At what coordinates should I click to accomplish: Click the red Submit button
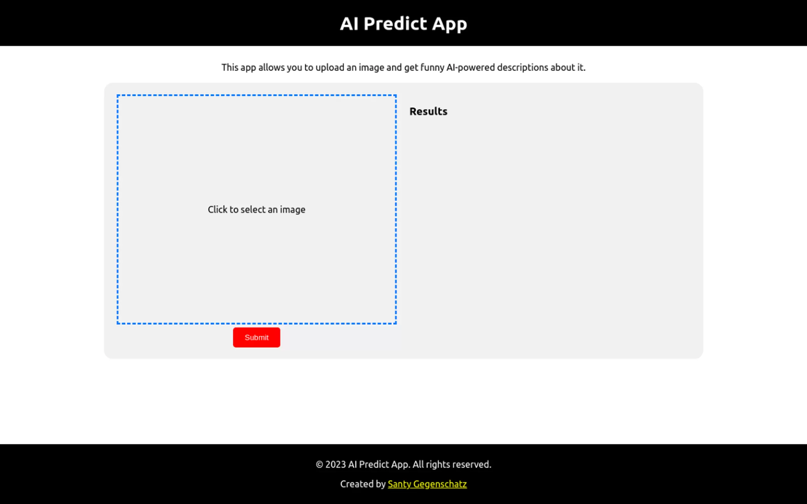tap(256, 337)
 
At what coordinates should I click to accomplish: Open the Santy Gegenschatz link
tap(427, 484)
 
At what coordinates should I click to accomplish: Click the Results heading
tap(428, 111)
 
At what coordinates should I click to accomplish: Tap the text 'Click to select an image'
tap(256, 210)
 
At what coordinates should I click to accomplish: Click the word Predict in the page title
tap(395, 24)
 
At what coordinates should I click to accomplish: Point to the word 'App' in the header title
tap(449, 24)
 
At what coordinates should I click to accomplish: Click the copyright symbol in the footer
tap(319, 465)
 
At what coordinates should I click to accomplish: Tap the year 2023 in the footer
tap(336, 464)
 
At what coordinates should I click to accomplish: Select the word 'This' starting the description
tap(230, 67)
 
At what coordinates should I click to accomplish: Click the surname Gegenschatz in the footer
tap(440, 484)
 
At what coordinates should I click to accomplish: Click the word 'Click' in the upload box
tap(218, 209)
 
